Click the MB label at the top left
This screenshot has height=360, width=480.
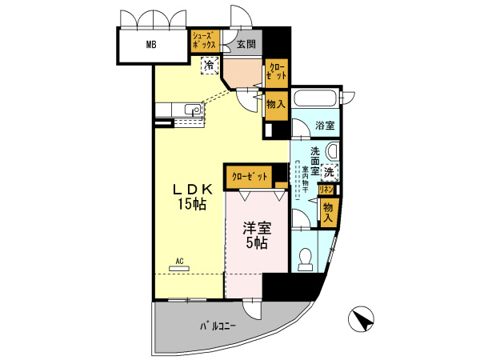pyautogui.click(x=150, y=44)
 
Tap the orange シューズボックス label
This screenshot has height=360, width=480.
pyautogui.click(x=203, y=41)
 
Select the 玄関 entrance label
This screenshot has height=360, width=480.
pyautogui.click(x=244, y=44)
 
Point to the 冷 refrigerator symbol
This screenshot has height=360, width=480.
pyautogui.click(x=209, y=66)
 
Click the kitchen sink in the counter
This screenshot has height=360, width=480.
pyautogui.click(x=190, y=110)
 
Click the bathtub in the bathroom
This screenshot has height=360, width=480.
pyautogui.click(x=315, y=100)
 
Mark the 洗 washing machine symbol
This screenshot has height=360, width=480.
pyautogui.click(x=330, y=171)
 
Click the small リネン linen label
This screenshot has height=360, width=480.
pyautogui.click(x=326, y=190)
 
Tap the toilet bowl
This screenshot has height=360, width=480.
pyautogui.click(x=304, y=256)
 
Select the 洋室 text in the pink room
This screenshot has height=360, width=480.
pyautogui.click(x=255, y=228)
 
